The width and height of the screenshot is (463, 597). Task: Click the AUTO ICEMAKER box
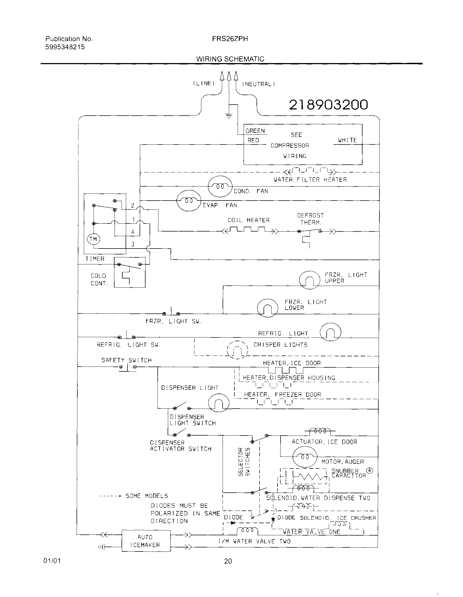146,541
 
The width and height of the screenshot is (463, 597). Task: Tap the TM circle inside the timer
93,239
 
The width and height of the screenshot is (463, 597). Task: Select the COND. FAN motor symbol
220,187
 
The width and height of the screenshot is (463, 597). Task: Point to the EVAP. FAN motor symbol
189,201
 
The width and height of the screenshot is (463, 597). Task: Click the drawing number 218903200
329,105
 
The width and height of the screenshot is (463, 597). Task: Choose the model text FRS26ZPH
230,39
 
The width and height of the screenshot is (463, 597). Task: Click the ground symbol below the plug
229,116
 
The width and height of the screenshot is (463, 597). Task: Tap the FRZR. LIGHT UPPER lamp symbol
309,280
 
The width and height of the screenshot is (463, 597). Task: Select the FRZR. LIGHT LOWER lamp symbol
267,308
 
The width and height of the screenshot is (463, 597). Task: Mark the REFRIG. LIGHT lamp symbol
330,332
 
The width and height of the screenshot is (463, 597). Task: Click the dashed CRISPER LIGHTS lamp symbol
237,350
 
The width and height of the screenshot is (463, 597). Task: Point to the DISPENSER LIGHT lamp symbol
219,403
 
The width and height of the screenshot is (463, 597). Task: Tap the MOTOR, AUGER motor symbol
305,457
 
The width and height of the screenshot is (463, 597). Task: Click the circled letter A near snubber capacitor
369,471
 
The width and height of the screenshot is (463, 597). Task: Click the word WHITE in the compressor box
347,140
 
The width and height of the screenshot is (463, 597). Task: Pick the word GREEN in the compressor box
255,131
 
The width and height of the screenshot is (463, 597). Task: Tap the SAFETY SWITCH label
127,360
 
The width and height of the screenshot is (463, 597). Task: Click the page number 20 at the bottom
228,561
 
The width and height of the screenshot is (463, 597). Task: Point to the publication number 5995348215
65,47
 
